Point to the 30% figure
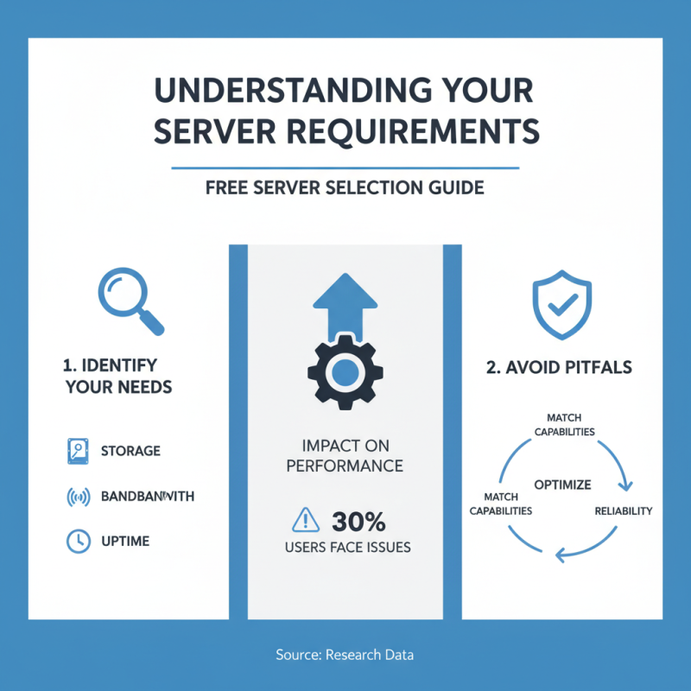(x=358, y=521)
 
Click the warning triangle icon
(x=306, y=520)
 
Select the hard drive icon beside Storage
(x=78, y=451)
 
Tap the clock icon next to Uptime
(x=78, y=541)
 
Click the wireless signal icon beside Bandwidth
(x=78, y=497)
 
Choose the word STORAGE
(x=130, y=451)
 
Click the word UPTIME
(x=125, y=541)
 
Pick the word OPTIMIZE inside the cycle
(x=562, y=484)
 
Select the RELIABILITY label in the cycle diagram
(x=623, y=511)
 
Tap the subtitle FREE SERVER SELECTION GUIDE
(x=345, y=187)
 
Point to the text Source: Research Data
(x=345, y=655)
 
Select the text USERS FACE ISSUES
(x=347, y=548)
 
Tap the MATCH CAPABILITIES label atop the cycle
(x=562, y=425)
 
